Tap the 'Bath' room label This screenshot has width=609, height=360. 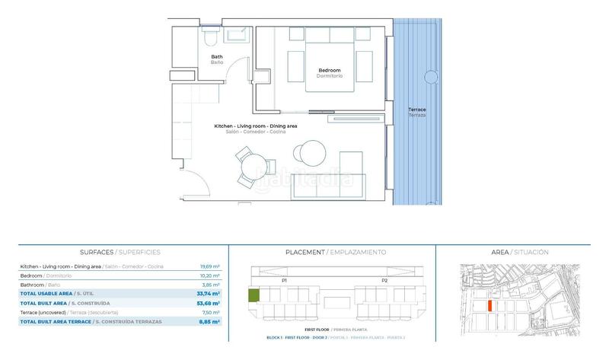217,57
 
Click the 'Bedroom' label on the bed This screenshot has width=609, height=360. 330,71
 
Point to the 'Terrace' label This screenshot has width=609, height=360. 416,110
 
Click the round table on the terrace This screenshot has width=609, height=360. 432,77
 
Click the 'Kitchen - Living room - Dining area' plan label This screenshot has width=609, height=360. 255,125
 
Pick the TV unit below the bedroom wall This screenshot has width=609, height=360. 361,117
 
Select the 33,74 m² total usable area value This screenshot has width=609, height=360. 209,293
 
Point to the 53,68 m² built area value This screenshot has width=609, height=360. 209,303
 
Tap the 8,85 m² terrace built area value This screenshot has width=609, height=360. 210,322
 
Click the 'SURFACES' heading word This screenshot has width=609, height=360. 96,252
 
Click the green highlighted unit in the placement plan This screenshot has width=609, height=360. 254,296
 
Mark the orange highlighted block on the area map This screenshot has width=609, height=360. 490,304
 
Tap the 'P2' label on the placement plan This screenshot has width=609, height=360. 384,280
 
